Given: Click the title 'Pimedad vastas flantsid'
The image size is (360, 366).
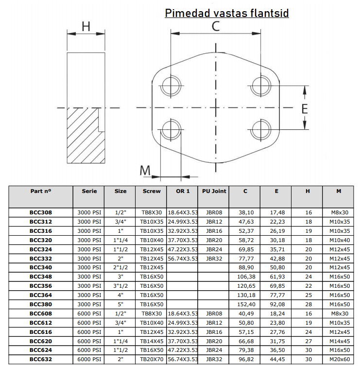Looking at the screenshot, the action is tap(227, 13).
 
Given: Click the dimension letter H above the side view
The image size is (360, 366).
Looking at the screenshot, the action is tap(86, 26).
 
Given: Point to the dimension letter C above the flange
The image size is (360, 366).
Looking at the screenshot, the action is tap(216, 26).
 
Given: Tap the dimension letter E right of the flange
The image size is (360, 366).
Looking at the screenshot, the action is tap(305, 109).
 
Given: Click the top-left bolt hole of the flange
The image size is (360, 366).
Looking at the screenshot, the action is tap(171, 86).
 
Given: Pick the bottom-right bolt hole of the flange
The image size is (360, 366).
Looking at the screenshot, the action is tap(261, 130).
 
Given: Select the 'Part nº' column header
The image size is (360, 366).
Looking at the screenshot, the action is tap(41, 191).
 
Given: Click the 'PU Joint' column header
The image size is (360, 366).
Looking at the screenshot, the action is tap(214, 191).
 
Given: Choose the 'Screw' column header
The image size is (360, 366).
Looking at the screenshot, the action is tap(152, 191).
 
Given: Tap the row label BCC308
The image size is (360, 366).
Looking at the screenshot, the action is tap(41, 212).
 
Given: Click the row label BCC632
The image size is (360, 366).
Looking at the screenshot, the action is tap(41, 359).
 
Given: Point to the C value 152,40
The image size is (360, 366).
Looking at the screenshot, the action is tap(246, 304).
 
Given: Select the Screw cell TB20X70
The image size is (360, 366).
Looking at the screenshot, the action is tap(152, 359).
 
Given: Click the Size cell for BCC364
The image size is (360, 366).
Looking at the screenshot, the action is tap(120, 295).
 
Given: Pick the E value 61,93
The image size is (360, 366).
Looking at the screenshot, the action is tap(277, 277).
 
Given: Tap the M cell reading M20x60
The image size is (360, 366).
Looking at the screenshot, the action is tap(340, 359).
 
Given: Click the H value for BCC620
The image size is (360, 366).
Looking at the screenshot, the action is tap(309, 341).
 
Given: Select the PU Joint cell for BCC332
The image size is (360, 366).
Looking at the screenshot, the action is tap(214, 259).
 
